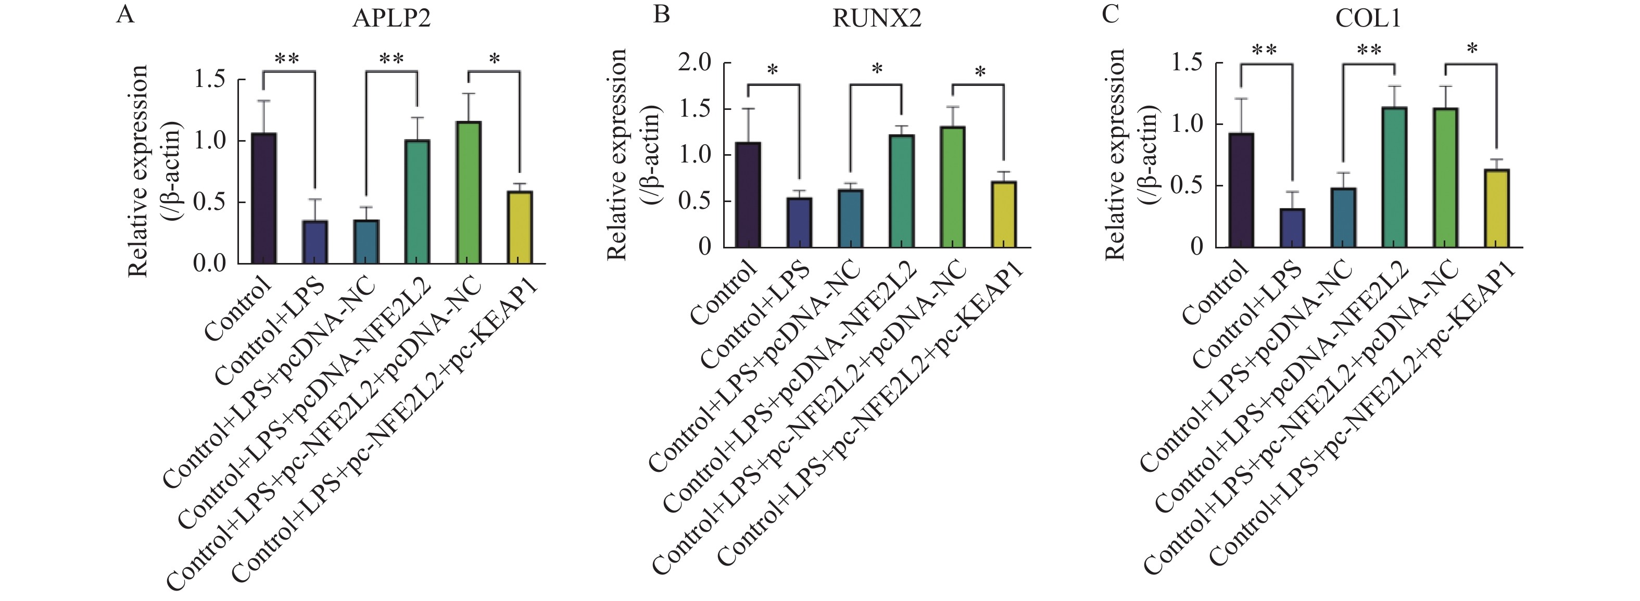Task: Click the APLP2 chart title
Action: point(391,19)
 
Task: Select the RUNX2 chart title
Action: point(877,19)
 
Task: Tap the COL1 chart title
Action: point(1368,19)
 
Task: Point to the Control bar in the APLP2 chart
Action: point(263,198)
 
